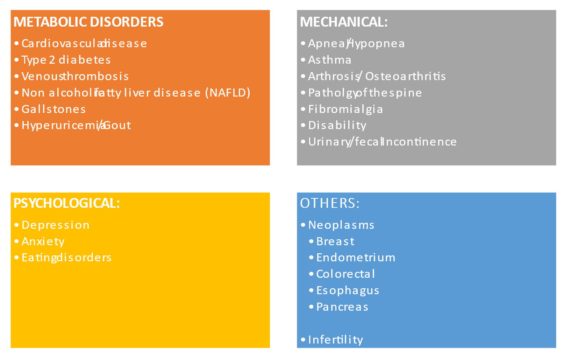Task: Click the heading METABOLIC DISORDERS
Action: point(88,22)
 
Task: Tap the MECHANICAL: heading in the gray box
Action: point(344,22)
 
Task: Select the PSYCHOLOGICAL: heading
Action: point(66,203)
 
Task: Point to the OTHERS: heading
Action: point(330,203)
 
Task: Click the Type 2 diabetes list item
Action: point(66,60)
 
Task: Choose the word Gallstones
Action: point(53,109)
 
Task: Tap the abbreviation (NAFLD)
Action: point(228,93)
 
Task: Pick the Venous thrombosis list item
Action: point(75,77)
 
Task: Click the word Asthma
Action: point(330,60)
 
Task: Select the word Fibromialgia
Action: point(345,110)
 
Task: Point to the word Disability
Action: point(337,126)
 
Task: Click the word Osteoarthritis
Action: point(405,77)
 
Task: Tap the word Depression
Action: point(56,225)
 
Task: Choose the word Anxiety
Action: point(43,242)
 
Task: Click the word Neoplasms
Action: point(341,225)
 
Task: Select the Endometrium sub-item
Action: point(356,258)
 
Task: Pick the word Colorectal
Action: point(345,274)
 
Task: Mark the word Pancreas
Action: point(342,307)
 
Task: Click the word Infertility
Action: point(335,340)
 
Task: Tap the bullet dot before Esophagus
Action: point(311,290)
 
